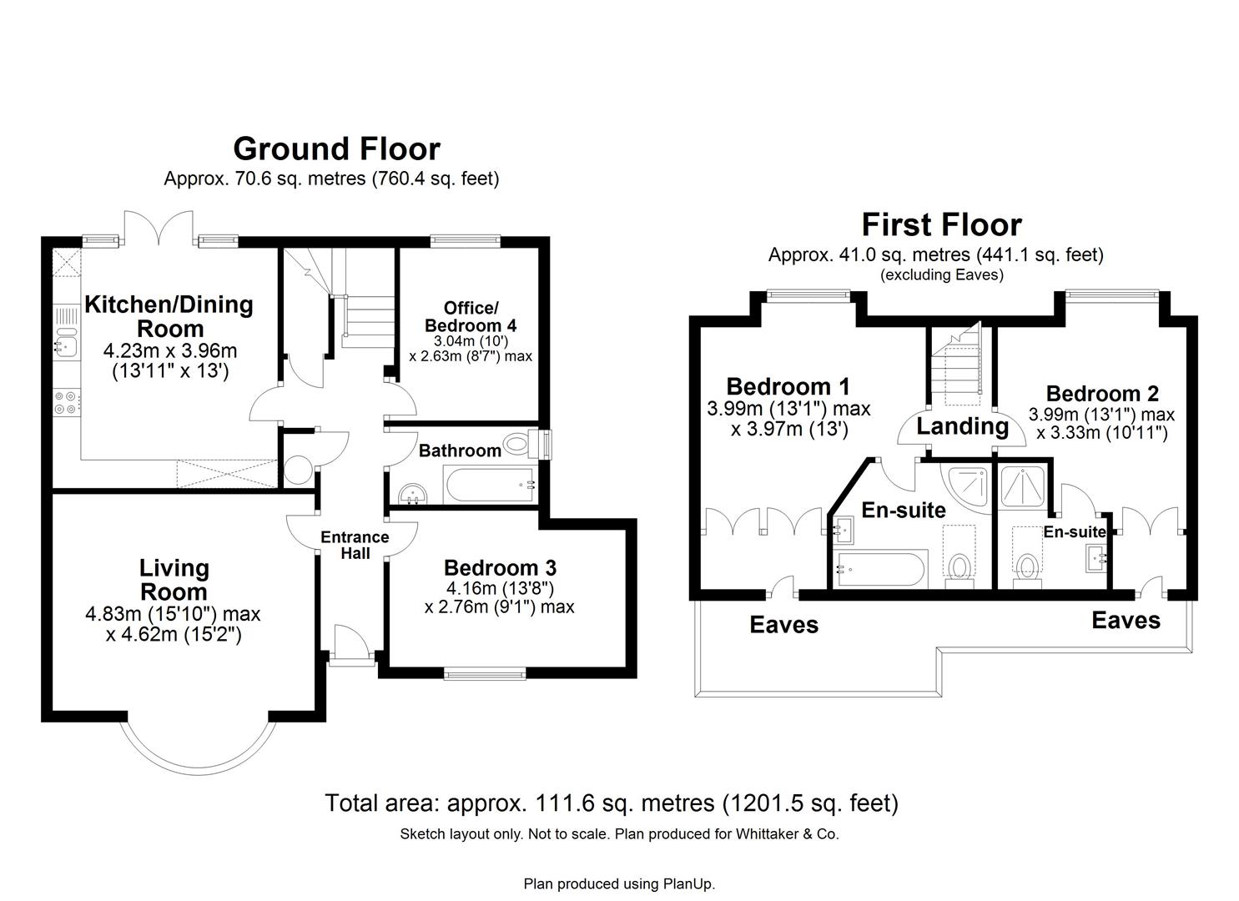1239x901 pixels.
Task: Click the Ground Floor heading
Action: [336, 148]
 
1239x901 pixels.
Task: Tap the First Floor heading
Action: [941, 225]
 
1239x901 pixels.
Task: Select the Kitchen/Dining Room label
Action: [169, 316]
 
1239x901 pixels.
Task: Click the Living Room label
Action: [174, 580]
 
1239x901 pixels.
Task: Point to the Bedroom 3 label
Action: [500, 568]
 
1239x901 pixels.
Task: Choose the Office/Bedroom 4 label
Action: [471, 316]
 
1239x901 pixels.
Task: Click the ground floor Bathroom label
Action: [460, 450]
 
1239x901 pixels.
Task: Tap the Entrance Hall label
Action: [355, 544]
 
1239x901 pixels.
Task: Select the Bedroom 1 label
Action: [788, 386]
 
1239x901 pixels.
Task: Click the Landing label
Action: [962, 426]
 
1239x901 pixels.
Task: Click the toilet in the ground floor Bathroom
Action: [520, 443]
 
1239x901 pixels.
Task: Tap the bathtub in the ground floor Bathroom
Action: [489, 485]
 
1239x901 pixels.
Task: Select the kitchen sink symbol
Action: [65, 344]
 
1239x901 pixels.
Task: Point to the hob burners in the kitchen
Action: [66, 403]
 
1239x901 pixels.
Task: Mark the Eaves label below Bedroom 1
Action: [783, 625]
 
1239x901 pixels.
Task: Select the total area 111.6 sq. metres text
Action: [611, 803]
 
